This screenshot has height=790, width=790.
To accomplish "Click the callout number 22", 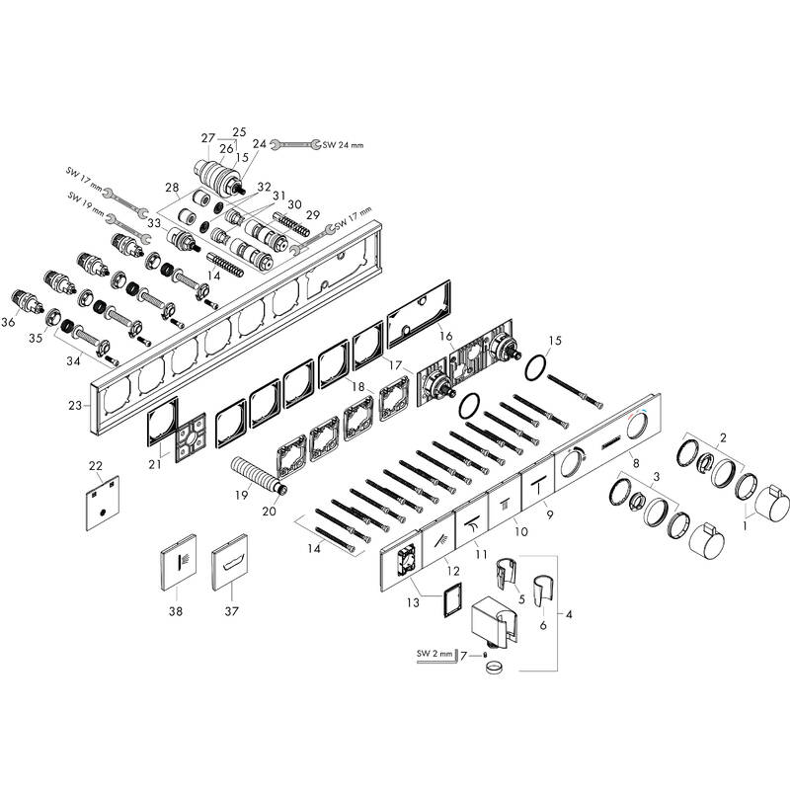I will click(x=95, y=465).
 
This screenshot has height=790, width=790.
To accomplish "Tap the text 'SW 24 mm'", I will click(x=344, y=145).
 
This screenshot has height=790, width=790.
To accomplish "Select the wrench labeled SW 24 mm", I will click(x=294, y=145).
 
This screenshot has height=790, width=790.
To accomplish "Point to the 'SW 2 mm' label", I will click(x=430, y=652).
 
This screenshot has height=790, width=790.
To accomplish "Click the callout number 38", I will click(x=176, y=610).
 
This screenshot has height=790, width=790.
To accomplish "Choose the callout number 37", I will click(x=233, y=611).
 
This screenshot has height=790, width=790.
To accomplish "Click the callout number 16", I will click(x=445, y=337).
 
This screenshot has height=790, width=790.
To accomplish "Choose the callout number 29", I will click(x=312, y=214).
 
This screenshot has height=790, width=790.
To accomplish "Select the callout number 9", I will click(x=550, y=514).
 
